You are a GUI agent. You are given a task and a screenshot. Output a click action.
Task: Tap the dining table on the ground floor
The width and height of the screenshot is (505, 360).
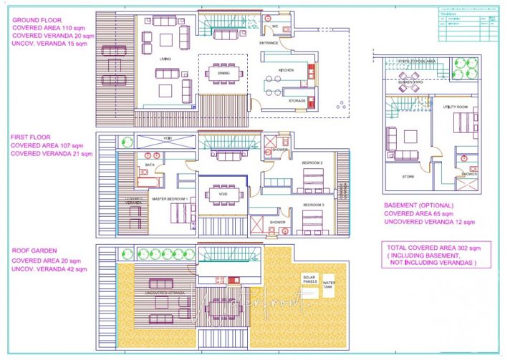click(x=220, y=72)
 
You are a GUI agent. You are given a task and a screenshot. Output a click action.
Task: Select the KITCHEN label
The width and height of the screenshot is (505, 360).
click(x=287, y=70)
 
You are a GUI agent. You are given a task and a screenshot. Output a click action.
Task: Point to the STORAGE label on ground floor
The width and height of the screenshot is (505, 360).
click(x=297, y=101)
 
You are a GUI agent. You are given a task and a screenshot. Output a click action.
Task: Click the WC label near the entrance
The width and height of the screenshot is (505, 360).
click(x=275, y=26)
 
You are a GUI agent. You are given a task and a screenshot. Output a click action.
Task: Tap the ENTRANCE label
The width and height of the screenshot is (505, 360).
click(x=269, y=44)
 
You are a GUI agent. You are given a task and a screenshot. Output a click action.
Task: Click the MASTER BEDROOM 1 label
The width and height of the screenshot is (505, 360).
click(x=170, y=198)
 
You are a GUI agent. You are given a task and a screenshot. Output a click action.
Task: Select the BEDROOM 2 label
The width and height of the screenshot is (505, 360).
click(x=312, y=163)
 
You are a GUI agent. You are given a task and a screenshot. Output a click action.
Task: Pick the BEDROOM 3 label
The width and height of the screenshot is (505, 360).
click(x=313, y=205)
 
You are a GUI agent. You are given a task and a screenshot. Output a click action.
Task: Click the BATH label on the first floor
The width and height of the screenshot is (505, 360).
click(x=149, y=165)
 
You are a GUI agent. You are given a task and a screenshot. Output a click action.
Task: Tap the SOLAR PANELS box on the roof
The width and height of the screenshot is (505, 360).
click(x=309, y=281)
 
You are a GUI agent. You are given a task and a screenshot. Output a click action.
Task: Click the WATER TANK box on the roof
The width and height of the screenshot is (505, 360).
click(x=329, y=283)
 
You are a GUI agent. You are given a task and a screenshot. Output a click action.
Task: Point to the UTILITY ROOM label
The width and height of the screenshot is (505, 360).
click(x=455, y=107)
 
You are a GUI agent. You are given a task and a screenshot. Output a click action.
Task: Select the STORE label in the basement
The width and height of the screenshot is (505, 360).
click(x=408, y=175)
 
